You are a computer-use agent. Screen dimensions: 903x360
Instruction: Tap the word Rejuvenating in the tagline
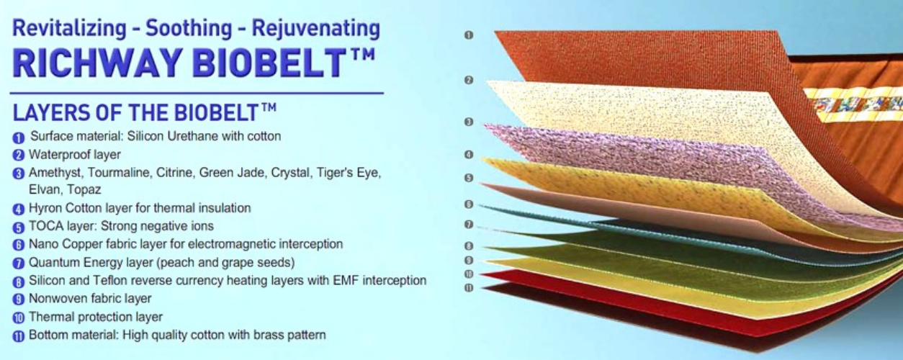pos(316,29)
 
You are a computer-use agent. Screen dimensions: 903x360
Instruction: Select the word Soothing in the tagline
pos(189,28)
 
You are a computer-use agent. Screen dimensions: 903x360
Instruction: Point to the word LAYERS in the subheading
pos(45,112)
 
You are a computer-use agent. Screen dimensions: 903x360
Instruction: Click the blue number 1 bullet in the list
pos(19,138)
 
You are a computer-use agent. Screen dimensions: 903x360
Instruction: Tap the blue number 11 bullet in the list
pos(19,336)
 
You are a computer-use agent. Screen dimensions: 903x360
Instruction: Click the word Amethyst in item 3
pos(55,173)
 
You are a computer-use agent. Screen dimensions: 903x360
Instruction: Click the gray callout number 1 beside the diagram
pos(469,35)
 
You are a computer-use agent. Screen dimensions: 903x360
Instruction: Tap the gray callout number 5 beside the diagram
pos(469,178)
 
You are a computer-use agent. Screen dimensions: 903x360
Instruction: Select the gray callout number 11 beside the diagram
pos(469,288)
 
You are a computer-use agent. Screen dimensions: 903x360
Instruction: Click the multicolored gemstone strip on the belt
pos(857,105)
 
